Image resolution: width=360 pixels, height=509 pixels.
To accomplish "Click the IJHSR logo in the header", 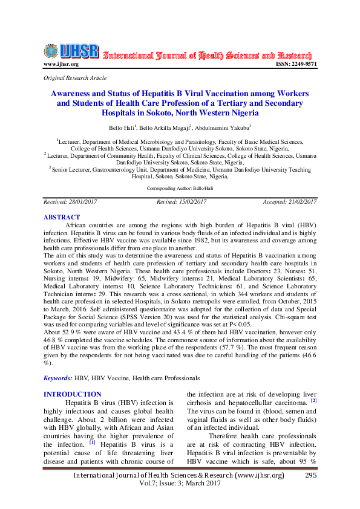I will pyautogui.click(x=71, y=51).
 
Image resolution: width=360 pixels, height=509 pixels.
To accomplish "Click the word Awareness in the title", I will pyautogui.click(x=74, y=94).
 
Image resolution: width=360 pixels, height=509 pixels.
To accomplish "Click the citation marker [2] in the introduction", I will pyautogui.click(x=313, y=400).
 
